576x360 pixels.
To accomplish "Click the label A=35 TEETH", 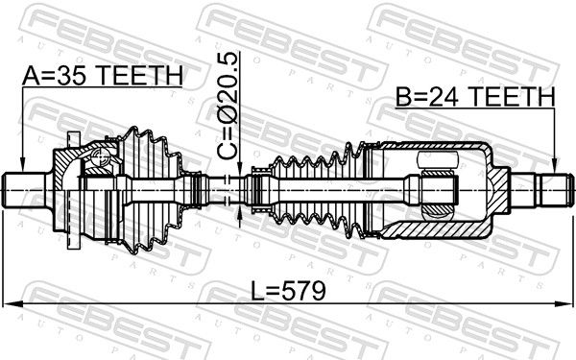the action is pos(102,75).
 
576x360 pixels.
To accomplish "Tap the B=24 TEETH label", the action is pos(475,97).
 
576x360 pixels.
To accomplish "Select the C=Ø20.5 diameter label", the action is pos(227,107).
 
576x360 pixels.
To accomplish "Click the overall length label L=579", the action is pos(288,291).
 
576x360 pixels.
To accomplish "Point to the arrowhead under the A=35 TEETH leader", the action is pos(22,165).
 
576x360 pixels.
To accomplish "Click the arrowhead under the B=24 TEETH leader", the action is pos(555,165).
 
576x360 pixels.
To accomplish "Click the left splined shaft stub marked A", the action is pos(24,190).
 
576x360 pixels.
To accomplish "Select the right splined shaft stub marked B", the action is pos(543,190).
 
